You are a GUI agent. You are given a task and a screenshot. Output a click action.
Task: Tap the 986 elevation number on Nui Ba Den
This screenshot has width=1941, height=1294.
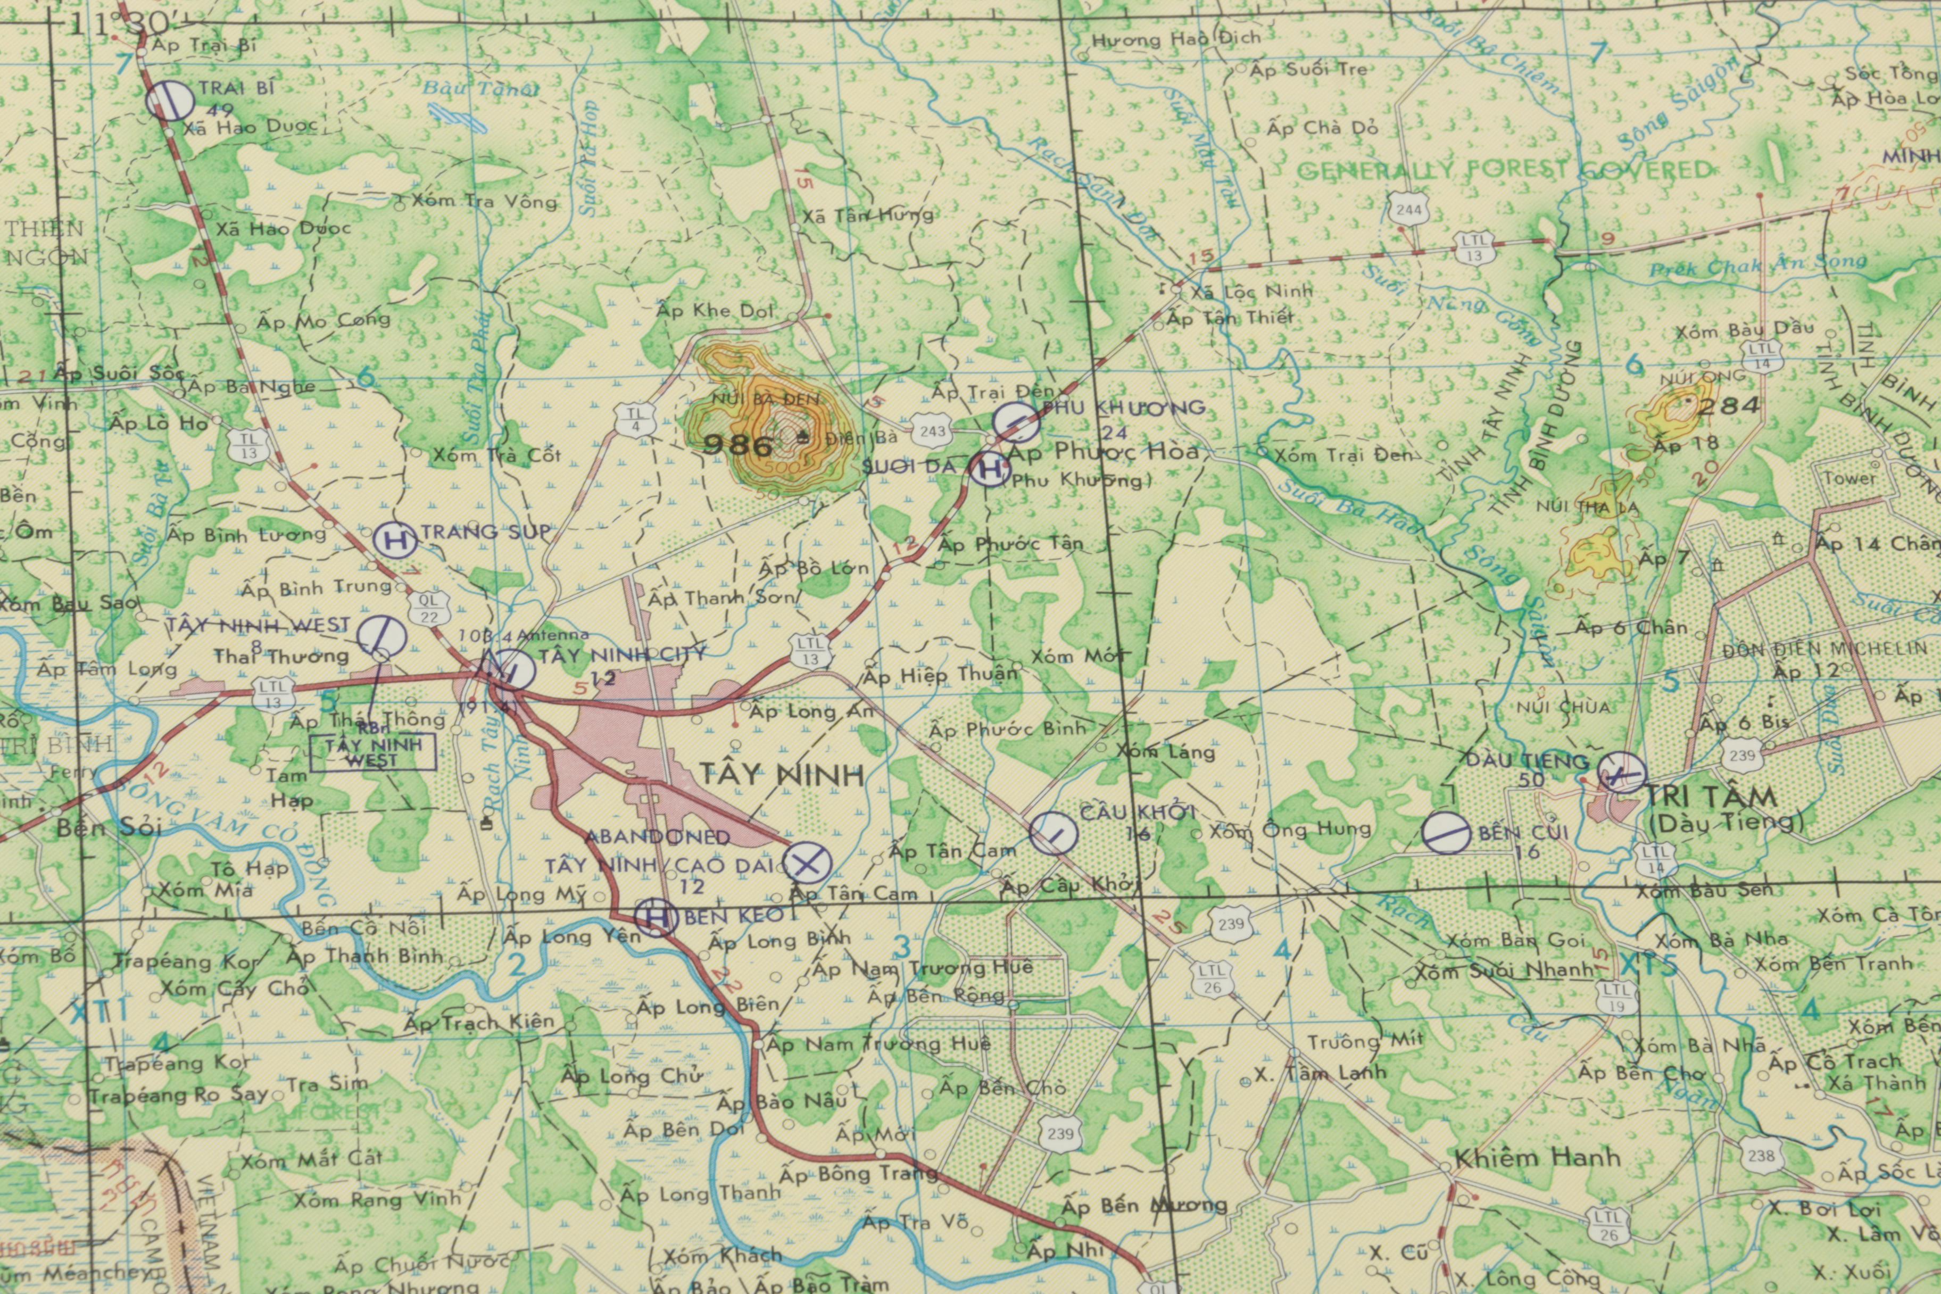738,446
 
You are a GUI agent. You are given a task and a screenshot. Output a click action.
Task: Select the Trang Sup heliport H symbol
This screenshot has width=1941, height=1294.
394,541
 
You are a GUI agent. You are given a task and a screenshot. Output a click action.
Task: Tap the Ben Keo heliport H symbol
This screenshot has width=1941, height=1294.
656,917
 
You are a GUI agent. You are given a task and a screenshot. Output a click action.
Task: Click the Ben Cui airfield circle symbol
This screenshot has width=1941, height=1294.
1445,831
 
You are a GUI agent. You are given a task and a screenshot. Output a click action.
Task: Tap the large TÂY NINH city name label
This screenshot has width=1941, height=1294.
782,774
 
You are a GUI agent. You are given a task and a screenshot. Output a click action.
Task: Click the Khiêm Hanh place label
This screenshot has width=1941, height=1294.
1537,1158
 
